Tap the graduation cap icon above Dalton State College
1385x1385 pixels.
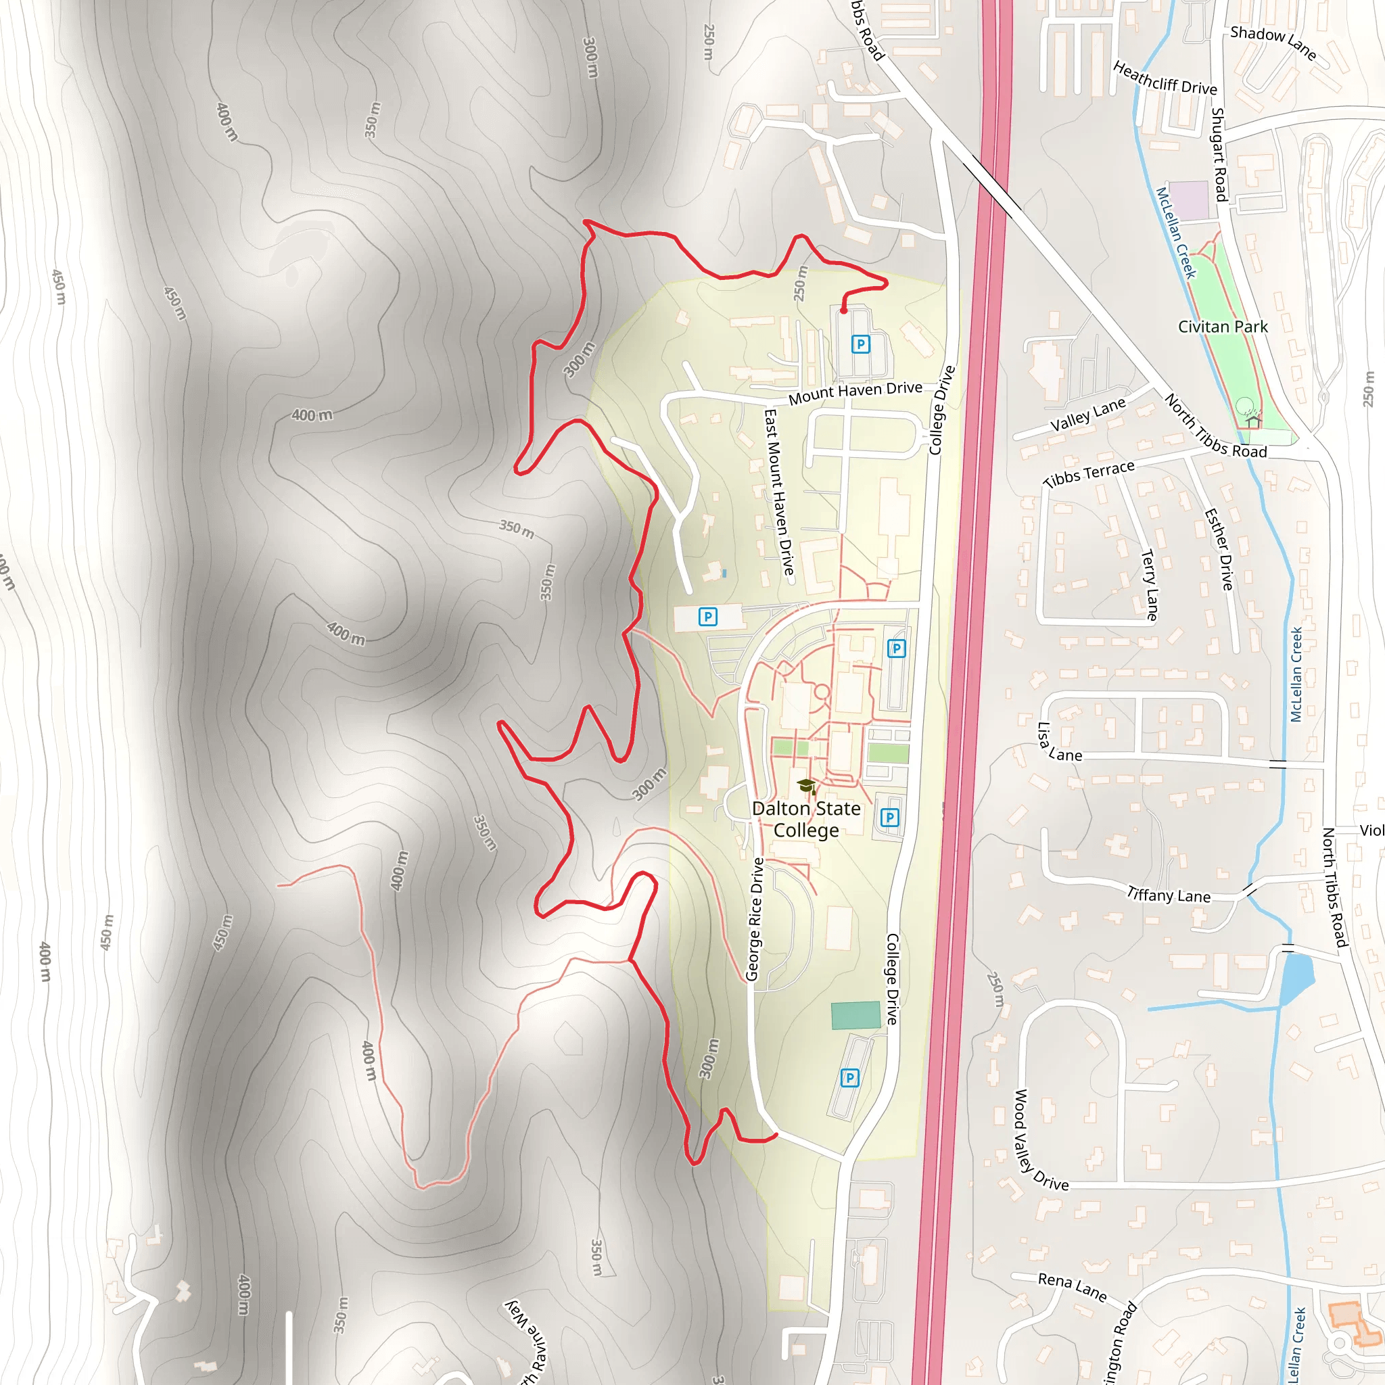pos(807,787)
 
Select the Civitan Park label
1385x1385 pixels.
pos(1222,327)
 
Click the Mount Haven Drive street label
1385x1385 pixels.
pos(855,392)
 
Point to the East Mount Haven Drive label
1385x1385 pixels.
pos(778,491)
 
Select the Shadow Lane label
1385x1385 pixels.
pos(1273,43)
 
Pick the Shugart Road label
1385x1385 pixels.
pos(1219,154)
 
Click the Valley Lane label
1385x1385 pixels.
pos(1087,415)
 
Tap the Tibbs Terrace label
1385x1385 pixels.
pos(1089,474)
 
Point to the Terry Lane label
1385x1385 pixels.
pos(1149,584)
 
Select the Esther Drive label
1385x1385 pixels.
pos(1219,549)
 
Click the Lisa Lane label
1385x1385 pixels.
pos(1058,743)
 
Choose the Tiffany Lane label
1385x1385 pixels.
pos(1169,895)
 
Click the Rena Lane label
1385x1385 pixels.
pos(1072,1287)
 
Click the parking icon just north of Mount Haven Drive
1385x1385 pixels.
pos(860,345)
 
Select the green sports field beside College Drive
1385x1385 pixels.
pos(855,1015)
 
